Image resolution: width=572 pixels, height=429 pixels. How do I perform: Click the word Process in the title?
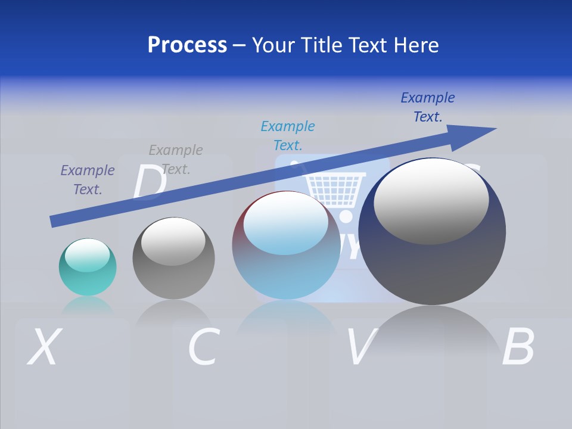click(x=187, y=45)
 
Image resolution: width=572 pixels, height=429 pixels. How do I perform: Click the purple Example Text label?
click(x=88, y=180)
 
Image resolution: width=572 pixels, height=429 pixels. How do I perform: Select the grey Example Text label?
click(x=176, y=160)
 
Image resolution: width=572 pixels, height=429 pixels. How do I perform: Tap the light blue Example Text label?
click(x=288, y=135)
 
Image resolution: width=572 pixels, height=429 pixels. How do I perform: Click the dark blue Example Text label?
click(x=428, y=107)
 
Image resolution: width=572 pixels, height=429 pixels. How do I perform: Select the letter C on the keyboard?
click(x=203, y=347)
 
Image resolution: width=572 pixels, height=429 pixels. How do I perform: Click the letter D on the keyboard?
click(x=149, y=182)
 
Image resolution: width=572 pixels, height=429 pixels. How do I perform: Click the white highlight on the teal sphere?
click(x=87, y=255)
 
